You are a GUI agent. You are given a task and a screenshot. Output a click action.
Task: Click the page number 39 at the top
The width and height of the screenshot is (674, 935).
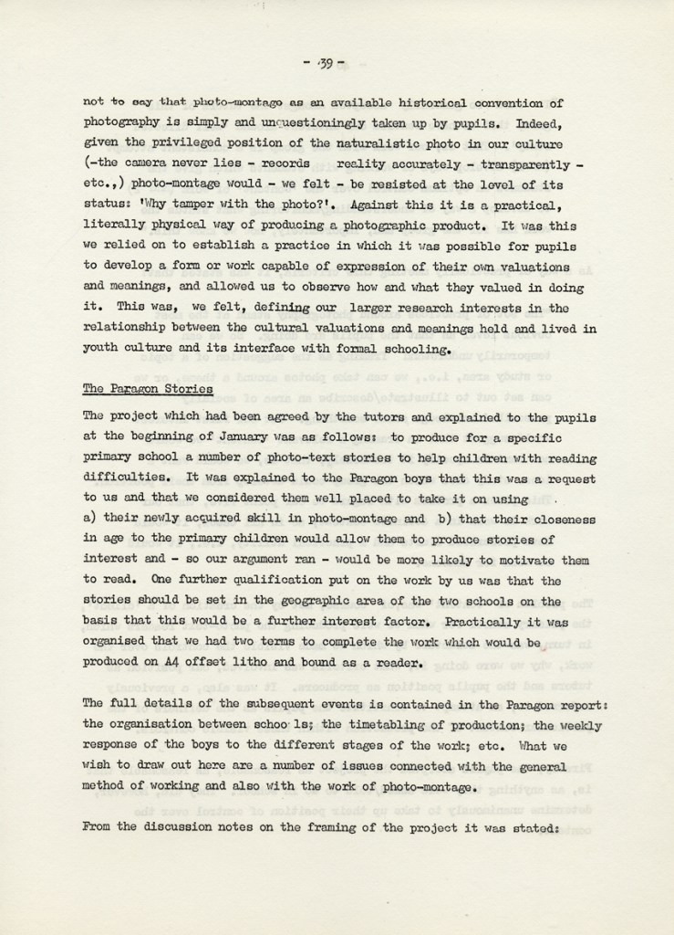click(x=324, y=62)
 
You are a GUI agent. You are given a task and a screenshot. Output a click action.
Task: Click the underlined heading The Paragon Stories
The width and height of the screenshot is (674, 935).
click(x=148, y=388)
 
